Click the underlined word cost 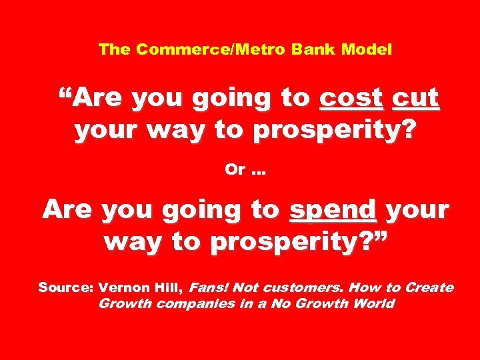(x=352, y=99)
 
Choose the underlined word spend (x=333, y=211)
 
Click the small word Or (x=235, y=169)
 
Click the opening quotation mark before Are (x=65, y=93)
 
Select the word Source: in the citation (x=65, y=288)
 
